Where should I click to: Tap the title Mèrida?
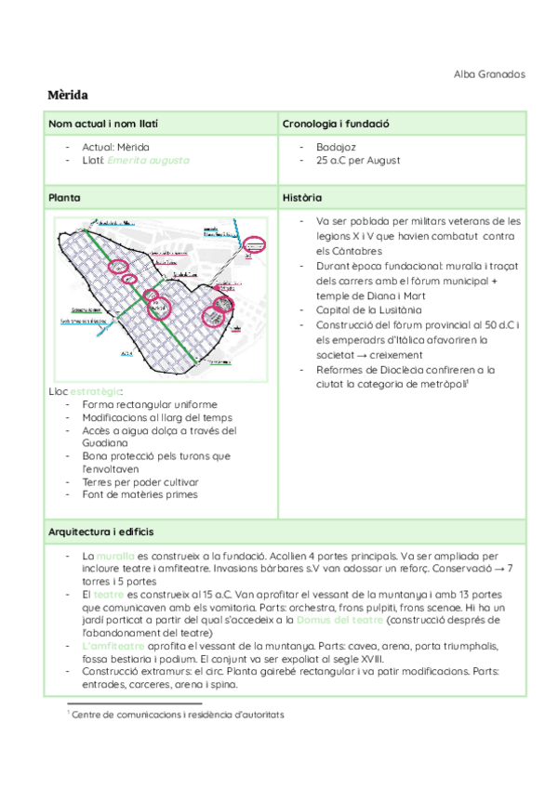[68, 96]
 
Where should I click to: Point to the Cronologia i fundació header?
[335, 124]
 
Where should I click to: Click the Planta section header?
[64, 198]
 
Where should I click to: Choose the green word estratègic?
[95, 391]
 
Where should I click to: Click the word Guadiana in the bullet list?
[104, 443]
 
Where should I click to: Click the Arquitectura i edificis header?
[100, 532]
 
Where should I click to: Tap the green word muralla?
[115, 555]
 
